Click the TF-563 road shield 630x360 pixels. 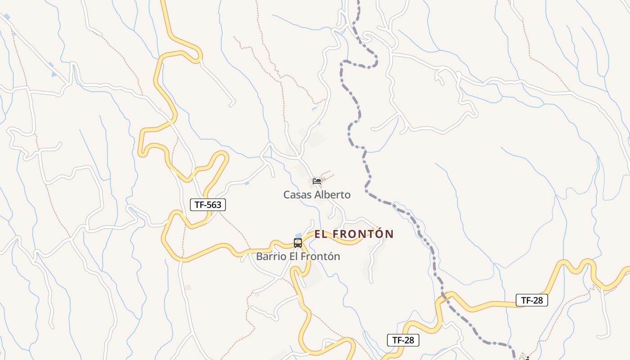(207, 205)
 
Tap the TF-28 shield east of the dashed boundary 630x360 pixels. (531, 300)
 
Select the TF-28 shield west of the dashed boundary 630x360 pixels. (403, 340)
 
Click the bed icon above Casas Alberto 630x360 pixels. (317, 181)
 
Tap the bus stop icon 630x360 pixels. (297, 243)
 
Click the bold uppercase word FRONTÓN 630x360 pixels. (364, 234)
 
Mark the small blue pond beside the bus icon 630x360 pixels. (298, 235)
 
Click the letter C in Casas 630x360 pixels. (286, 195)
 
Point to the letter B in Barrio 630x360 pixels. (259, 256)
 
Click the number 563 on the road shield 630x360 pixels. (214, 205)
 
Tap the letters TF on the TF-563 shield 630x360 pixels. (199, 205)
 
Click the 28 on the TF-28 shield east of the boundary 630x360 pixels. (538, 300)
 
